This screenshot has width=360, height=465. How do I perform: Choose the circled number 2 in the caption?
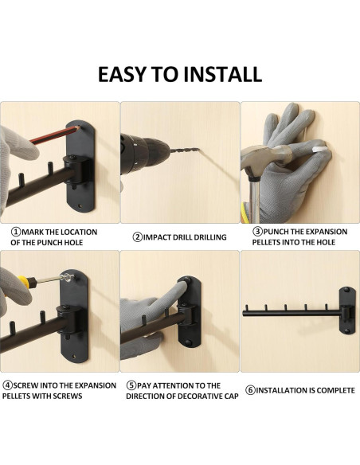point(137,236)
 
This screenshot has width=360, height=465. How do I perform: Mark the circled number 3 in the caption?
point(258,232)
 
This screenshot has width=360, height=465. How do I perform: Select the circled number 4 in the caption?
point(6,385)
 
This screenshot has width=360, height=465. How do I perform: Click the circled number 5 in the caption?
point(131,385)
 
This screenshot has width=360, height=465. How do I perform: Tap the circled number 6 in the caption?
point(250,390)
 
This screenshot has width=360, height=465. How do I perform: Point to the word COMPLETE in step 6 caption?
point(331,390)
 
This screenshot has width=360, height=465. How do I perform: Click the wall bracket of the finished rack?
point(348,311)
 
